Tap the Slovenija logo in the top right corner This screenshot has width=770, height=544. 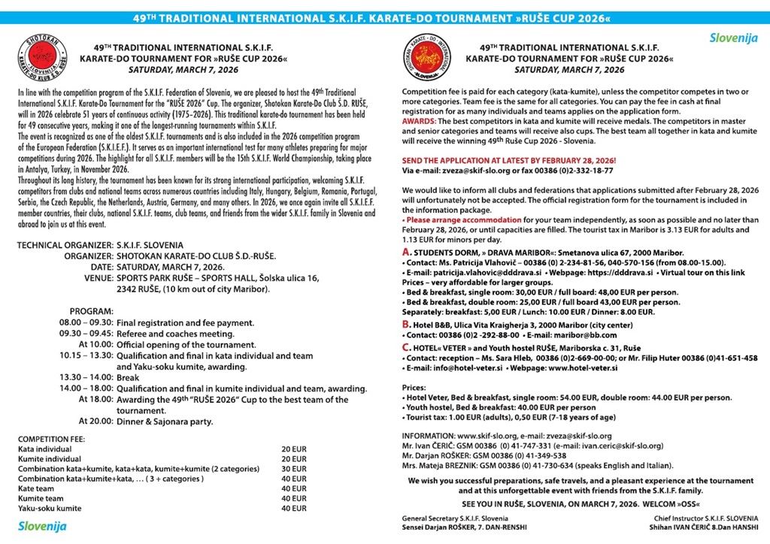tap(734, 38)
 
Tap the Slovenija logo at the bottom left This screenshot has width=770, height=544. tap(42, 526)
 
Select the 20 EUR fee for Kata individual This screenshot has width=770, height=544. tap(290, 449)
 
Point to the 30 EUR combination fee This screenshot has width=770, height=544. tap(290, 468)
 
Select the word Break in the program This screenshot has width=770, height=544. tap(128, 377)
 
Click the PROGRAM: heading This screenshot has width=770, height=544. tap(92, 310)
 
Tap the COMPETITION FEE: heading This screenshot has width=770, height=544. tap(51, 438)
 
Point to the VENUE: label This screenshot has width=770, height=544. tap(98, 278)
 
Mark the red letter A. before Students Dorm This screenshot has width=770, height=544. tap(406, 252)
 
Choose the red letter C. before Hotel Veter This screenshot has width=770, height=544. tap(406, 347)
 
